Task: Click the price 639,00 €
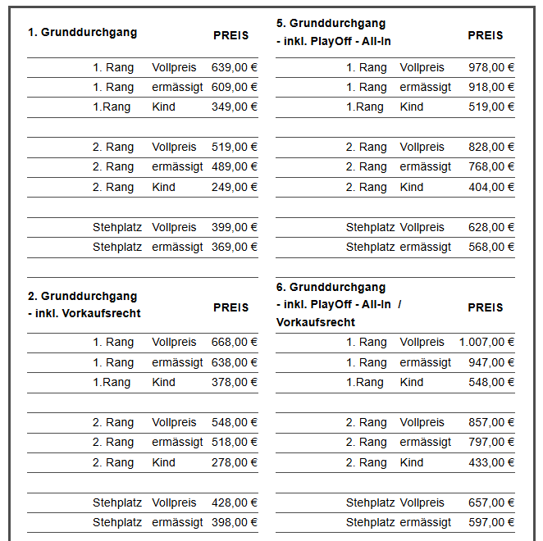[x=235, y=67]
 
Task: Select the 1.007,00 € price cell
[x=486, y=343]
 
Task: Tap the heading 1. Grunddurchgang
[x=82, y=33]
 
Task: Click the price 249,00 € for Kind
[x=235, y=187]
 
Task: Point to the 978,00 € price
[x=491, y=67]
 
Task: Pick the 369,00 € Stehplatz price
[x=235, y=247]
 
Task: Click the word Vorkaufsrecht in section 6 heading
[x=316, y=322]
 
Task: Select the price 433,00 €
[x=491, y=462]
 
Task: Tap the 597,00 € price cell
[x=491, y=522]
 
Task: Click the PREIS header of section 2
[x=230, y=308]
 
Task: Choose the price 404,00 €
[x=491, y=187]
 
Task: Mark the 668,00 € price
[x=235, y=343]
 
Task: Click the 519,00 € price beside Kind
[x=491, y=107]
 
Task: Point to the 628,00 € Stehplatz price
[x=491, y=227]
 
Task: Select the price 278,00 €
[x=235, y=462]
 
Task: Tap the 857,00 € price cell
[x=491, y=422]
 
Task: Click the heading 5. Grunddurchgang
[x=331, y=23]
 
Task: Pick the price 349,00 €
[x=235, y=107]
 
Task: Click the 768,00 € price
[x=491, y=166]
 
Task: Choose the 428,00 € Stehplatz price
[x=235, y=502]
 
